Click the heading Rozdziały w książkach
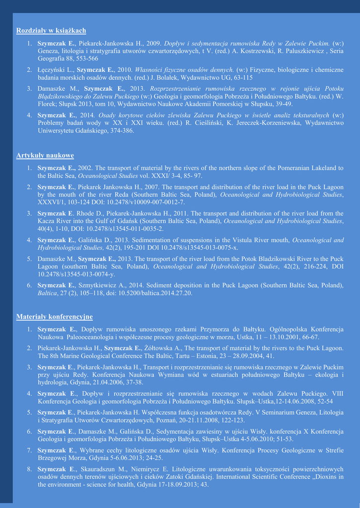(51, 31)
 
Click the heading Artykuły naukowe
(45, 156)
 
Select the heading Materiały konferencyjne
(55, 317)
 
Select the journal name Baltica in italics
(48, 293)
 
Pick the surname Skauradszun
(100, 469)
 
